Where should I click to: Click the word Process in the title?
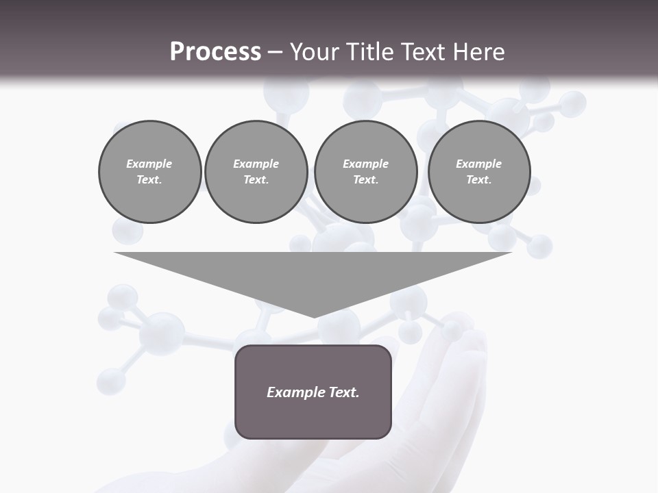(x=215, y=52)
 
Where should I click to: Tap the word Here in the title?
(x=480, y=52)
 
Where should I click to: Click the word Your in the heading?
(x=315, y=52)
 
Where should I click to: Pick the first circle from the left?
(x=149, y=172)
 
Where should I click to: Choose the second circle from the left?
(x=256, y=172)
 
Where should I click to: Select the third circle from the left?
(x=365, y=172)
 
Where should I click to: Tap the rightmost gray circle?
(x=479, y=172)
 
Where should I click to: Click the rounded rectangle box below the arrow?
(x=313, y=392)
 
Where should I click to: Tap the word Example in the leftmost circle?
(x=149, y=164)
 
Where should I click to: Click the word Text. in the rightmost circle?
(x=479, y=180)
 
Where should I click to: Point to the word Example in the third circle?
(x=365, y=164)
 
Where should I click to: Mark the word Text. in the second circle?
(x=256, y=180)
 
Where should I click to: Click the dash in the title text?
(x=275, y=52)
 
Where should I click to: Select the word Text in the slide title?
(x=424, y=52)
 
